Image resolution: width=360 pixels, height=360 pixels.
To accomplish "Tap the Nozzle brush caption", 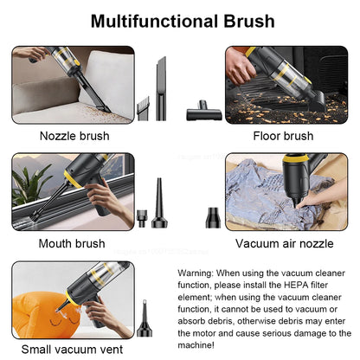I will [74, 136].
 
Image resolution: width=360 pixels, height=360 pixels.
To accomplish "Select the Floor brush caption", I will [283, 136].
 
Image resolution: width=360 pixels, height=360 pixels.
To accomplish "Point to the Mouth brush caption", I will [73, 243].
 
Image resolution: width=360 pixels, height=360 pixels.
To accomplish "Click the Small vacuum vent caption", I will [73, 350].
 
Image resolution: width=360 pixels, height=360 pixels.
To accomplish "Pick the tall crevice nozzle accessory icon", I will [161, 87].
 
